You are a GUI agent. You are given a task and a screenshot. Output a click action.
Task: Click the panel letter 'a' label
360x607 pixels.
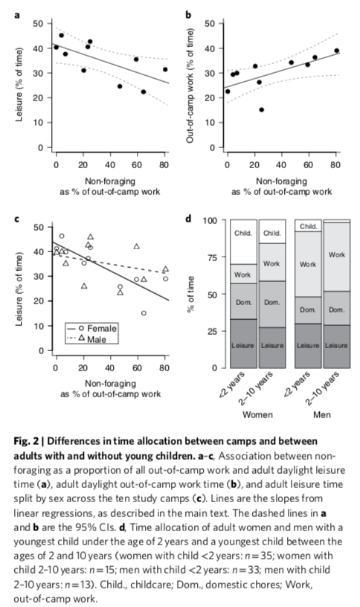16,16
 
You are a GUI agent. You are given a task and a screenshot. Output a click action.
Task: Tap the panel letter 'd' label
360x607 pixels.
188,219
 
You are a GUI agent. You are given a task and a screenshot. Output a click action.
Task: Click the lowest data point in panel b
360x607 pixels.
261,109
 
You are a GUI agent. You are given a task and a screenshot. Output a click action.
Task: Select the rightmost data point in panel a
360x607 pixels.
165,70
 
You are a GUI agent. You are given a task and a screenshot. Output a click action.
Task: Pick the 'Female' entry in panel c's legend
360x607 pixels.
92,328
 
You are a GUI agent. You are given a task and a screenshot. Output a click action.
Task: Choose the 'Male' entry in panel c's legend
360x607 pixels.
92,339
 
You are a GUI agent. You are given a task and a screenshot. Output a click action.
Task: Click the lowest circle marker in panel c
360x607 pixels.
144,313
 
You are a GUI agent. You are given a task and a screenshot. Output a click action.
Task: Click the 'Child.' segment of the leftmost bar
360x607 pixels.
243,242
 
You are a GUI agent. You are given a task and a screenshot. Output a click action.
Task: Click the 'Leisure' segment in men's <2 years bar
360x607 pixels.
308,346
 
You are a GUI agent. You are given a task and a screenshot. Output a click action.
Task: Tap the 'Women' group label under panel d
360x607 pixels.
257,415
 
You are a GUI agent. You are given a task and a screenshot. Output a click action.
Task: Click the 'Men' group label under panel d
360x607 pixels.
322,415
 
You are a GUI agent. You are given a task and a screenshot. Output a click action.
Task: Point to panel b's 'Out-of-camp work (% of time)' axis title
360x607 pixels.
190,85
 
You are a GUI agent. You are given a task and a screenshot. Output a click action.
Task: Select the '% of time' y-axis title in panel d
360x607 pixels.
190,294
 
